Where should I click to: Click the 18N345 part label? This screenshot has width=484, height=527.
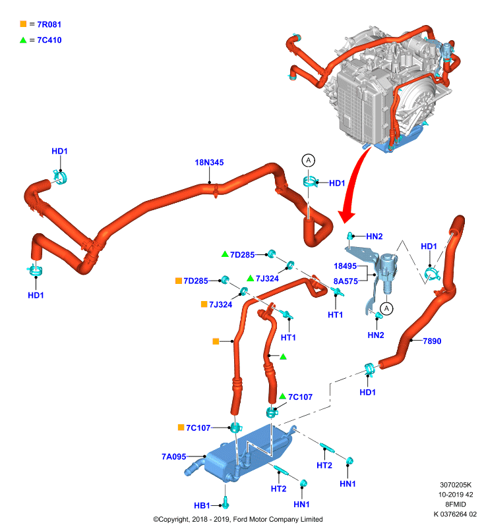pyautogui.click(x=209, y=162)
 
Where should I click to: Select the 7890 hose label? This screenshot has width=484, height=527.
pyautogui.click(x=432, y=341)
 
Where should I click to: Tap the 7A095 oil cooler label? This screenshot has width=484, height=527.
pyautogui.click(x=173, y=457)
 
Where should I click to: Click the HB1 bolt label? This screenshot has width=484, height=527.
pyautogui.click(x=202, y=505)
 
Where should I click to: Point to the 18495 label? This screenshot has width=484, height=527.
pyautogui.click(x=345, y=266)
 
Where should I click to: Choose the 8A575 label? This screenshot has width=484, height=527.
pyautogui.click(x=346, y=281)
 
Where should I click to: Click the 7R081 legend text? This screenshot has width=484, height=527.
pyautogui.click(x=49, y=24)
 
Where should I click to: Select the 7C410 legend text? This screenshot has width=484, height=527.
pyautogui.click(x=49, y=40)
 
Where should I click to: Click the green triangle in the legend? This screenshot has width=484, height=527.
pyautogui.click(x=23, y=40)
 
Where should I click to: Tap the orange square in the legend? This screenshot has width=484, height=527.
pyautogui.click(x=23, y=24)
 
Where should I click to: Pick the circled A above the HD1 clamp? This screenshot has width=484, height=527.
pyautogui.click(x=309, y=160)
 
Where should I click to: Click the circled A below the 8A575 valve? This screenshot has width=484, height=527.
pyautogui.click(x=386, y=308)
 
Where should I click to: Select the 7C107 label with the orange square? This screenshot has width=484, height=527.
pyautogui.click(x=198, y=428)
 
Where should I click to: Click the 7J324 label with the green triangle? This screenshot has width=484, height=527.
pyautogui.click(x=267, y=279)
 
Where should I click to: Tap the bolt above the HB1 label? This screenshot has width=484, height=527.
pyautogui.click(x=226, y=503)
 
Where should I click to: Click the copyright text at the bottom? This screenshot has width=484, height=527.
pyautogui.click(x=238, y=519)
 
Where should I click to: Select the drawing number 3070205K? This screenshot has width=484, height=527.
pyautogui.click(x=456, y=485)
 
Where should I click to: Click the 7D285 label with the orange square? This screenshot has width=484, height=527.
pyautogui.click(x=196, y=281)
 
